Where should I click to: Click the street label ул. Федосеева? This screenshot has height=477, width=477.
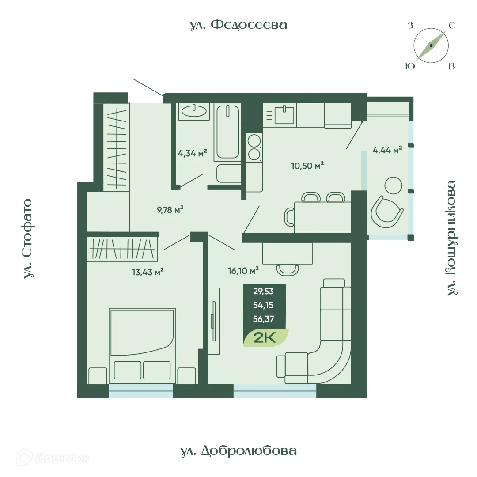point(238,25)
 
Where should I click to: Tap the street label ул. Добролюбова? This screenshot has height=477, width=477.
point(238,451)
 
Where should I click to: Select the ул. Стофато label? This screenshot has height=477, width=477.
point(28,238)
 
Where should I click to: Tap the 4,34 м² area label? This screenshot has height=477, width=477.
point(193,155)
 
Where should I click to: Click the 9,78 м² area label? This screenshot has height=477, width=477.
point(170,210)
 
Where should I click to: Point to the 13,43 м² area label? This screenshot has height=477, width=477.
point(148,272)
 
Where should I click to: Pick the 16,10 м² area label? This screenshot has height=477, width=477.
point(243,270)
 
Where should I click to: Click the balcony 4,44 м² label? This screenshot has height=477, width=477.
point(387,150)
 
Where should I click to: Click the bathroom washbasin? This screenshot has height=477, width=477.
point(194,111)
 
